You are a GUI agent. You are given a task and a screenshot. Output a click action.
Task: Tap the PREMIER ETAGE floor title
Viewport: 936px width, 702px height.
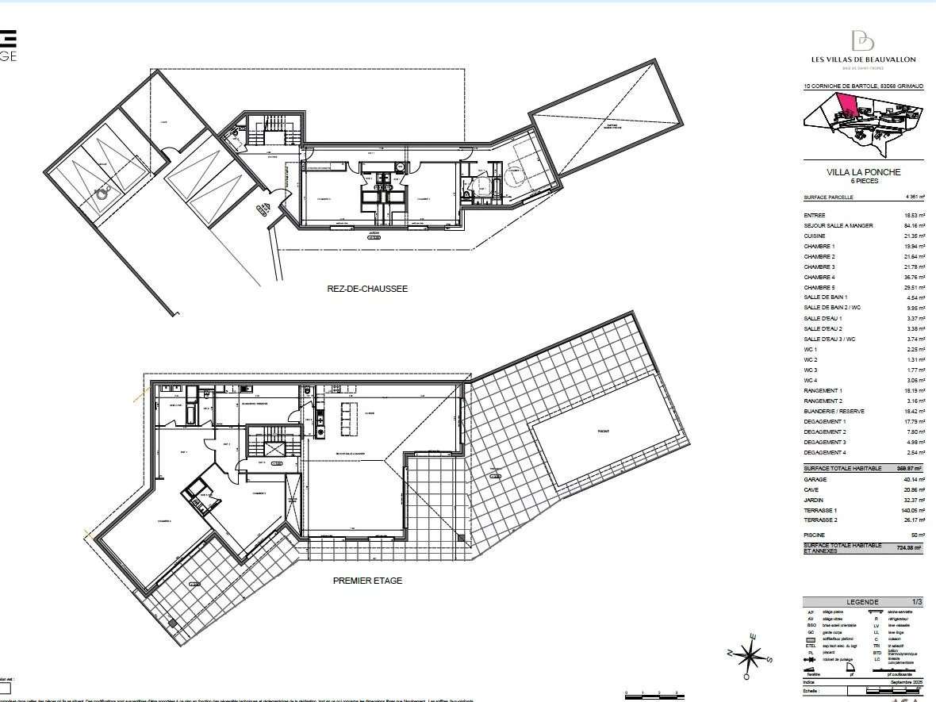tap(367, 581)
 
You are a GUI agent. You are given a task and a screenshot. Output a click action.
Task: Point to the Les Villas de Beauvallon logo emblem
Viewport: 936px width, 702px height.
tap(862, 40)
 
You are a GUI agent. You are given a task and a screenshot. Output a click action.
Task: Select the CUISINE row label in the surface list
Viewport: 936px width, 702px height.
tap(815, 236)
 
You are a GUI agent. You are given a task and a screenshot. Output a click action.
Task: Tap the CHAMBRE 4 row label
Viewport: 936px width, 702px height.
tap(819, 278)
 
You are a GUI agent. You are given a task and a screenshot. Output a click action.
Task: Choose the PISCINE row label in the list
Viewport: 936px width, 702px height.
tap(815, 535)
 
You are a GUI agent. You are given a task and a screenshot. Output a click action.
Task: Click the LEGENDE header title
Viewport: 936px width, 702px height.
tap(863, 602)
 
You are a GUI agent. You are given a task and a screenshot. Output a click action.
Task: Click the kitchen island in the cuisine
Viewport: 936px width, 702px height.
tap(347, 419)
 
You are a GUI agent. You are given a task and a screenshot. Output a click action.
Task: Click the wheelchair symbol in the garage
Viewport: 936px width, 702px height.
tap(102, 191)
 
